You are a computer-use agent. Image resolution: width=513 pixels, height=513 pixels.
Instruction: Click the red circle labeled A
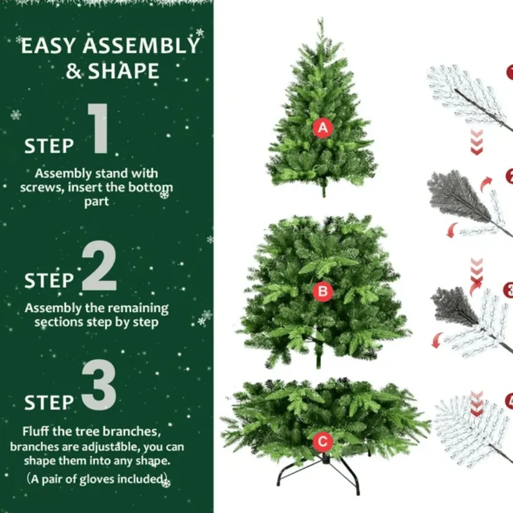point(323,128)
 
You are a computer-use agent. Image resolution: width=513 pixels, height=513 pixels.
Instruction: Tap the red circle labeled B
point(323,292)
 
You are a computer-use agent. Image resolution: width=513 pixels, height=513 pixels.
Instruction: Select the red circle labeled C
point(323,441)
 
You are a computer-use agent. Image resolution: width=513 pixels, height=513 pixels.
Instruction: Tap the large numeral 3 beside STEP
point(99,386)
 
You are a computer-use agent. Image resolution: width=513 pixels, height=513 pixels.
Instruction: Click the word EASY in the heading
point(48,46)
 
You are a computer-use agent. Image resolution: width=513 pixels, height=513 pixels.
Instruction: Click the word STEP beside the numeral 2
point(49,280)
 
